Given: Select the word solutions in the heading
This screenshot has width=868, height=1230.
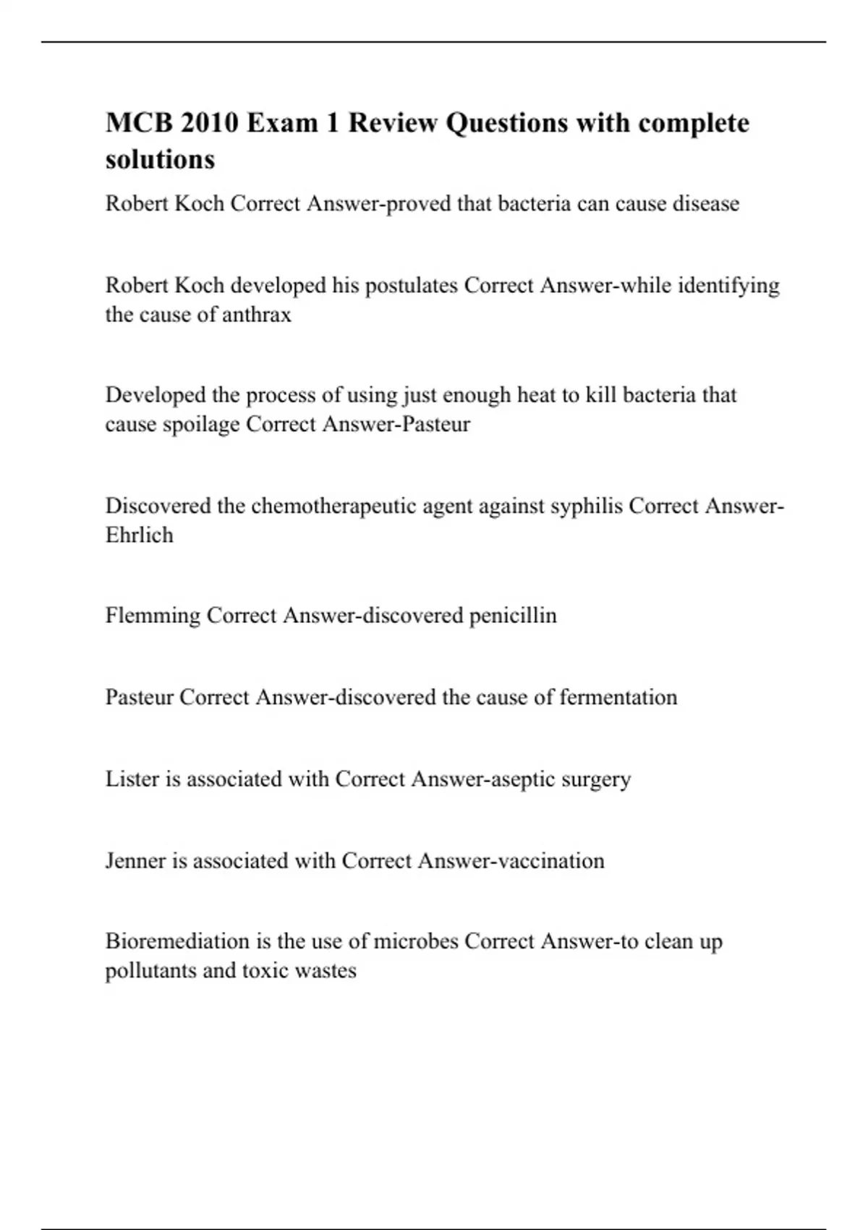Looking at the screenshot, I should (x=160, y=159).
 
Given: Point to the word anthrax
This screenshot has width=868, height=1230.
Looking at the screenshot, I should (x=256, y=315).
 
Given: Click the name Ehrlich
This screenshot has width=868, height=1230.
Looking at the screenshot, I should (x=139, y=535).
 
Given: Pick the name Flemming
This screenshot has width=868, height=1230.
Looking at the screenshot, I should (x=153, y=616).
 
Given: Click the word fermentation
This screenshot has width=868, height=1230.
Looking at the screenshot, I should (x=618, y=697).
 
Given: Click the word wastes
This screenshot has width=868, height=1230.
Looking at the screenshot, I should (x=330, y=970).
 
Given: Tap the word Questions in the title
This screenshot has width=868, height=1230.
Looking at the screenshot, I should (x=506, y=123).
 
